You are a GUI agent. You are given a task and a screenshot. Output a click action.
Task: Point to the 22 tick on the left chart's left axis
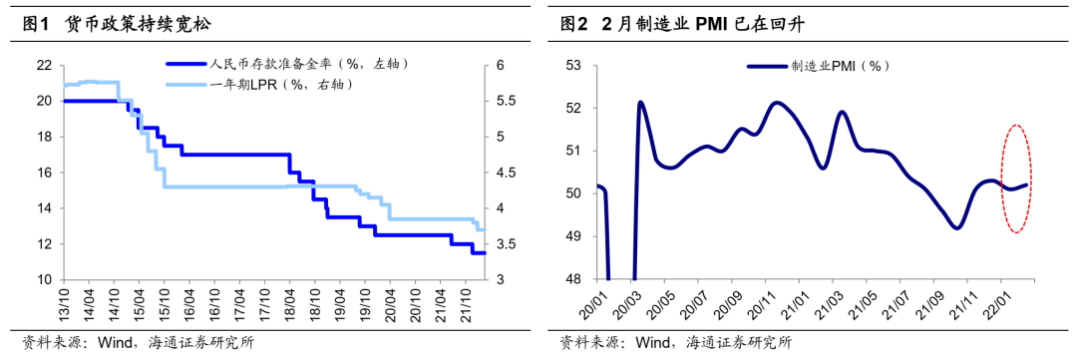click(x=44, y=65)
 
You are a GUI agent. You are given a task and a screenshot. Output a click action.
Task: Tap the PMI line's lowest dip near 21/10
click(x=956, y=227)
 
